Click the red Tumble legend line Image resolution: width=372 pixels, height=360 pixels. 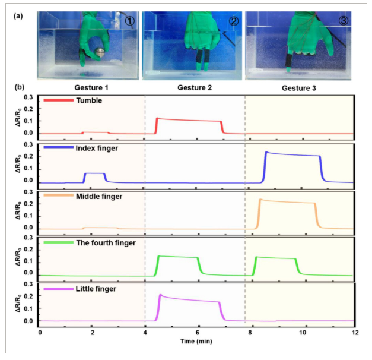click(58, 100)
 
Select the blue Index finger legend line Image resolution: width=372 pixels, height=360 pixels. click(58, 147)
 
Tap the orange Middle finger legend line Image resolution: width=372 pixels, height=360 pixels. click(58, 194)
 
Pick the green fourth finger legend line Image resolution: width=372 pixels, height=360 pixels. click(58, 242)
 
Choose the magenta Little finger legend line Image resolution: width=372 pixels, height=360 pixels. click(58, 288)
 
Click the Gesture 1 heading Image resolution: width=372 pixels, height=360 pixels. click(93, 87)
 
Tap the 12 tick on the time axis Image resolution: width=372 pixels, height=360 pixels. click(355, 332)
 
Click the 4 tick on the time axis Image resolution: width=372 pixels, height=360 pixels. click(145, 332)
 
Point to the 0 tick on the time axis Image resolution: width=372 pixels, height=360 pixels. click(40, 332)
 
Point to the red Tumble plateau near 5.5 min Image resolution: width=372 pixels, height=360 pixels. click(184, 121)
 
